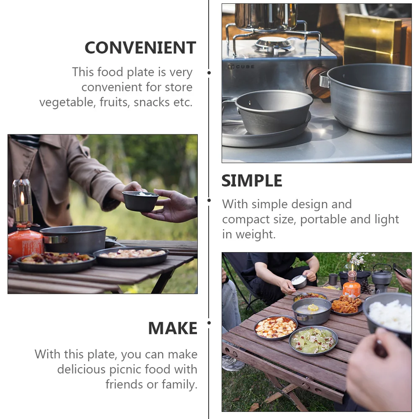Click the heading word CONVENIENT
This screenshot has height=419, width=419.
tap(140, 48)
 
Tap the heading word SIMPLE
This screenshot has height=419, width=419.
tap(252, 181)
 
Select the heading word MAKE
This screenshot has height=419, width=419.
tap(172, 328)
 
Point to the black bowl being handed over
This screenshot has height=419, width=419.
tap(140, 201)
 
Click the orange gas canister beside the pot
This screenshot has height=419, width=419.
tap(25, 244)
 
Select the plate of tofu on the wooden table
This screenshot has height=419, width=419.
tap(275, 327)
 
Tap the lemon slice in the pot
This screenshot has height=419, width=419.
tap(313, 308)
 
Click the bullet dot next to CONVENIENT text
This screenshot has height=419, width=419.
tap(209, 72)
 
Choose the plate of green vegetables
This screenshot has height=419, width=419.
tap(313, 340)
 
